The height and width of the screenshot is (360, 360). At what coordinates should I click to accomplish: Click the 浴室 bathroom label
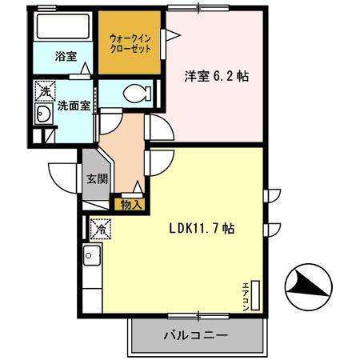tap(66, 57)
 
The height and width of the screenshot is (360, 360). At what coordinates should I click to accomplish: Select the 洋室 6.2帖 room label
tap(217, 77)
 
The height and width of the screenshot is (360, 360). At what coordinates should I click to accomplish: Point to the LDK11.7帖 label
tap(202, 228)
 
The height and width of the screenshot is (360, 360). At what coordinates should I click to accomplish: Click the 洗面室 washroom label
tap(73, 105)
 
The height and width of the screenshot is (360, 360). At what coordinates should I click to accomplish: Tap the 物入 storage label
tap(131, 205)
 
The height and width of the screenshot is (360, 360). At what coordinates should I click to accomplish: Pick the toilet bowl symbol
tap(135, 93)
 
